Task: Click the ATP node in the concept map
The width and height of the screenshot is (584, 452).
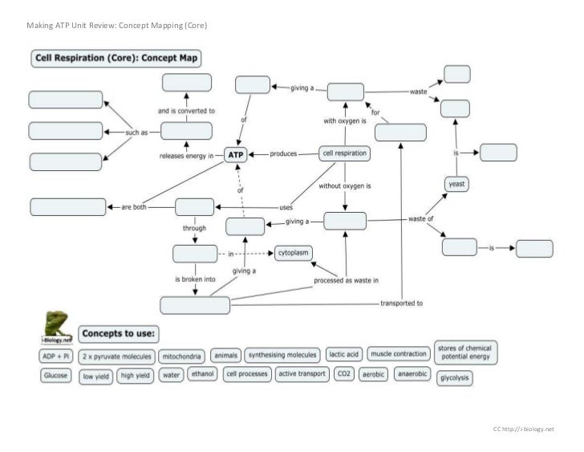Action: pos(236,154)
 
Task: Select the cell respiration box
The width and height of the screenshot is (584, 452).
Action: pos(344,153)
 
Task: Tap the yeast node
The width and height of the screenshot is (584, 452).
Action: pos(456,184)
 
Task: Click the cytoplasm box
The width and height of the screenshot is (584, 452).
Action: pos(294,253)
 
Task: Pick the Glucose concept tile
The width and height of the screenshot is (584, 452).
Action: pos(55,375)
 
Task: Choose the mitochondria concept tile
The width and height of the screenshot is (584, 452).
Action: pos(182,355)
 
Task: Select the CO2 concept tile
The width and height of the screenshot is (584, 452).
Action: pos(344,374)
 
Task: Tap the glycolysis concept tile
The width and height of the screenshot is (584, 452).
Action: pos(454,377)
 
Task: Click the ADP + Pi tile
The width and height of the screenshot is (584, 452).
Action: pos(55,355)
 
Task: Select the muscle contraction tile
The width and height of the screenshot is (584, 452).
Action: pos(399,354)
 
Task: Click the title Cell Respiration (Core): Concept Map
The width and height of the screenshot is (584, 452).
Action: pos(116,59)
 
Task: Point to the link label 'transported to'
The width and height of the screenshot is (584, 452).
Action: pos(401,303)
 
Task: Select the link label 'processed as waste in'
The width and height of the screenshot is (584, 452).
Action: pos(347,280)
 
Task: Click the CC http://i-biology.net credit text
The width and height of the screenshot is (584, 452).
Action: pos(523,430)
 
